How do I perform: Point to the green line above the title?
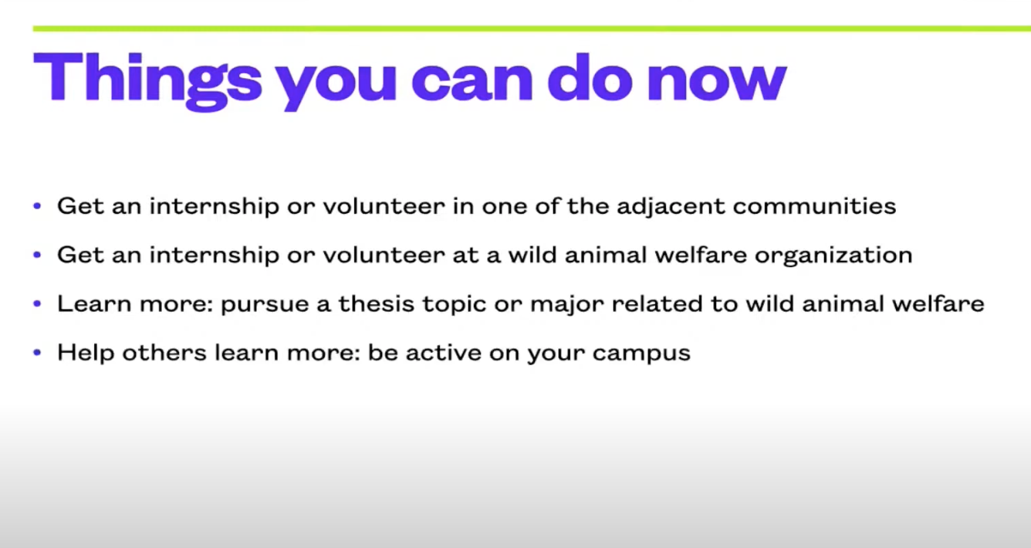click(x=532, y=29)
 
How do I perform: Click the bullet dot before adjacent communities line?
click(x=37, y=206)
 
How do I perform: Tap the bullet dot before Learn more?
click(x=37, y=303)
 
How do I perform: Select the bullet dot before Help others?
click(x=37, y=353)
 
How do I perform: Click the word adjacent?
click(x=671, y=207)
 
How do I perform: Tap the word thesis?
click(x=377, y=303)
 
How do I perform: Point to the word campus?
click(x=641, y=354)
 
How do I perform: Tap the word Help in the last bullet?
click(x=86, y=353)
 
